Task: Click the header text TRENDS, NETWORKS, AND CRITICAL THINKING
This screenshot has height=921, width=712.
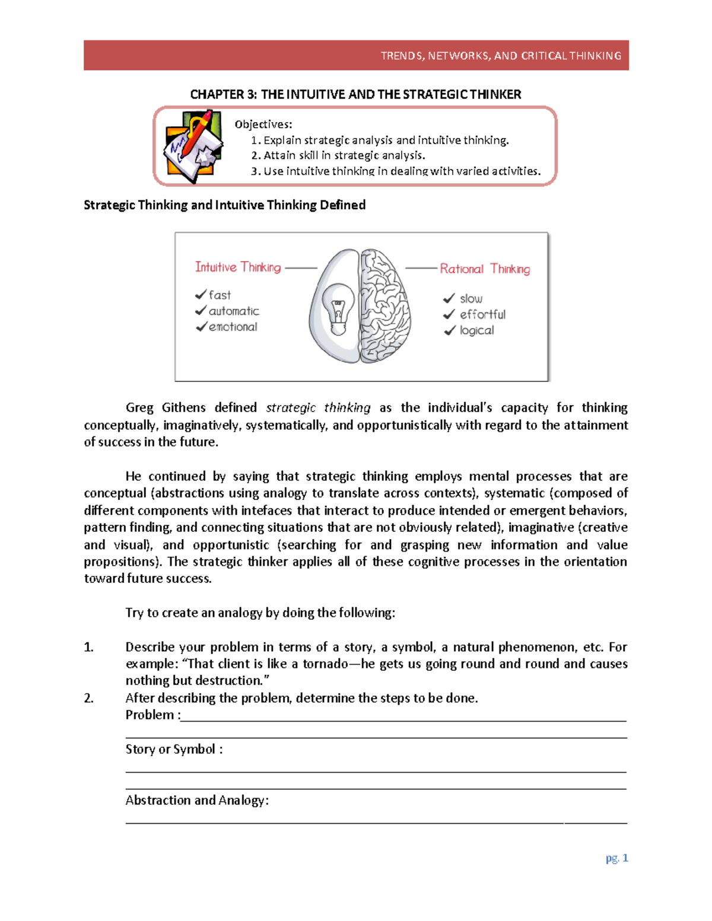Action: click(x=501, y=56)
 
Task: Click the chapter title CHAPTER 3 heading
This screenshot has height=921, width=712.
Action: click(x=355, y=94)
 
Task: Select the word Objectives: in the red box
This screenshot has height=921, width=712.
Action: click(x=263, y=125)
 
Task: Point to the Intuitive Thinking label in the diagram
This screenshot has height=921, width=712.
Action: click(x=238, y=267)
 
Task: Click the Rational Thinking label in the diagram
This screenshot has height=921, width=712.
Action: click(x=485, y=269)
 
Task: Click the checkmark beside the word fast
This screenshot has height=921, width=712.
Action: click(x=201, y=295)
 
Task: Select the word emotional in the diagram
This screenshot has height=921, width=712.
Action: click(x=233, y=327)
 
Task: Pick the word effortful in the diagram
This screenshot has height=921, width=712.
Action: click(x=482, y=314)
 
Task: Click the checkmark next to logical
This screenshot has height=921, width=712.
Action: click(x=450, y=330)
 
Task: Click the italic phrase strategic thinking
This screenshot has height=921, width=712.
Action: click(x=318, y=407)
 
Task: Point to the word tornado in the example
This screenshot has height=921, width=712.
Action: click(x=325, y=664)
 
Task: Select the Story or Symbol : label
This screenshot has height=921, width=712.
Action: click(x=174, y=750)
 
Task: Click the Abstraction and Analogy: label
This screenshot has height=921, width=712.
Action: click(x=197, y=801)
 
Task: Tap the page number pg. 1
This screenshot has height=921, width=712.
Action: click(x=616, y=858)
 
